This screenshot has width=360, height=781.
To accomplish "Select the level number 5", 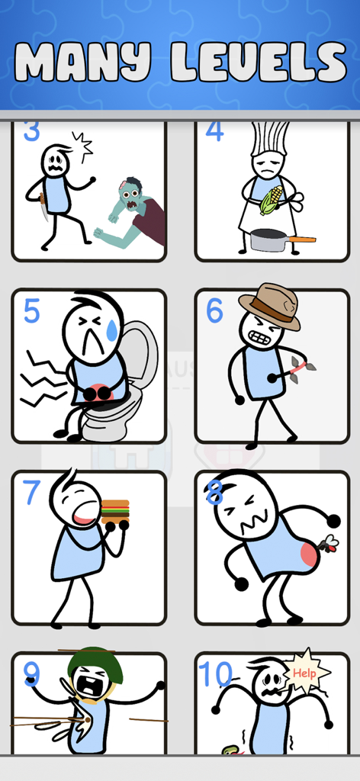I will click(x=31, y=311).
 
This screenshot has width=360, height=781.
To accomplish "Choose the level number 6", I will click(x=214, y=311).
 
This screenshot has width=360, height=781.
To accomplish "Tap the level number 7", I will click(x=31, y=493).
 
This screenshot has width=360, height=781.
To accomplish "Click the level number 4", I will click(x=214, y=130).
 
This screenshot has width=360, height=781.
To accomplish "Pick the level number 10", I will click(x=214, y=674).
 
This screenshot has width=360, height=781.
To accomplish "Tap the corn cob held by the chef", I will click(x=272, y=200).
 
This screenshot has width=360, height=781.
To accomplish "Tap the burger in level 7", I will click(x=115, y=509).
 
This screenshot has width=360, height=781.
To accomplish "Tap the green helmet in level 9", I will click(x=95, y=662).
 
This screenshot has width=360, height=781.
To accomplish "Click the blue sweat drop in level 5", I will click(x=113, y=329).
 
